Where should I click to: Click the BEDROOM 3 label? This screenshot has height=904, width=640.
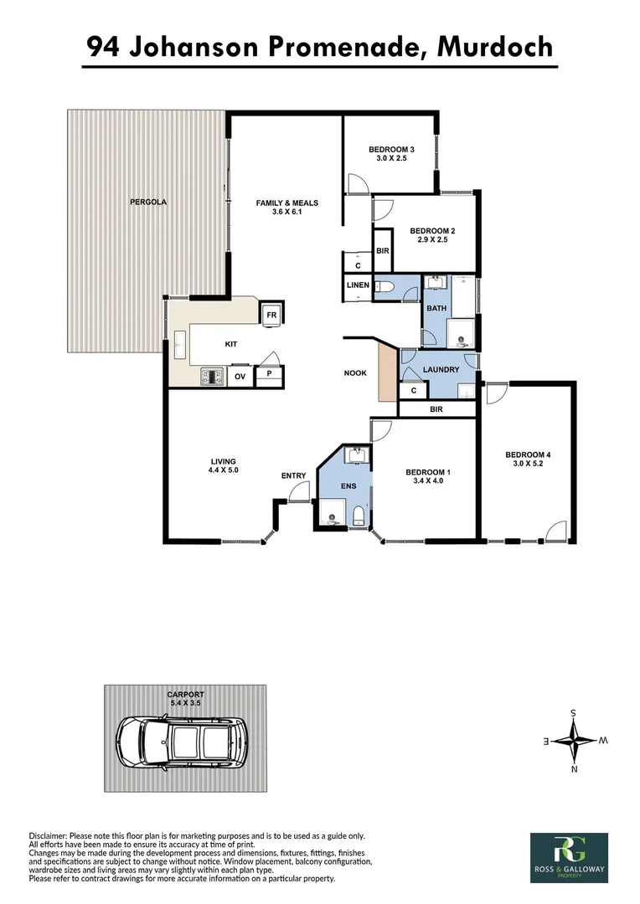coord(391,150)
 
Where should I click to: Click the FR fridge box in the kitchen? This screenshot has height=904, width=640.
coord(271,315)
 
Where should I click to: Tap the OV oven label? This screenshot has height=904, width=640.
coord(240,378)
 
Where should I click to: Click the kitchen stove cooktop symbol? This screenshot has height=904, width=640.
coord(213,378)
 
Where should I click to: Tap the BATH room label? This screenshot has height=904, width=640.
coord(436,309)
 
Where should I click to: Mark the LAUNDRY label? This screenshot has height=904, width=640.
coord(440,369)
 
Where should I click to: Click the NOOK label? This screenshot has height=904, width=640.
coord(355,372)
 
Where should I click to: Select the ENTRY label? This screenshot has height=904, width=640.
coord(293,476)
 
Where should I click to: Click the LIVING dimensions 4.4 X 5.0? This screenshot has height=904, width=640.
coord(223,470)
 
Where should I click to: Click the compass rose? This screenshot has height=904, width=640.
coord(574,741)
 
